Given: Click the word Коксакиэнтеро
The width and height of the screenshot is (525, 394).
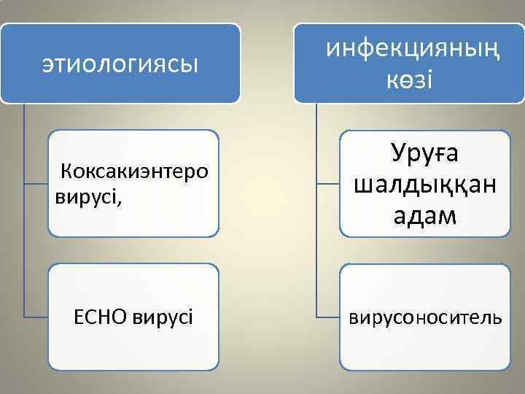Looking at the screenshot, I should tap(135, 171).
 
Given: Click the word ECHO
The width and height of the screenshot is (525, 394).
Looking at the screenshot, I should tap(101, 317).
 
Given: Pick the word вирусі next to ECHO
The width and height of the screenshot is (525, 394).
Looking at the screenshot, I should tap(163, 317).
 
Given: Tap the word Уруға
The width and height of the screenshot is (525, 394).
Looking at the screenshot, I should tap(425, 153).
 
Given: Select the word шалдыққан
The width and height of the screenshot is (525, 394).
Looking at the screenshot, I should tap(425, 185).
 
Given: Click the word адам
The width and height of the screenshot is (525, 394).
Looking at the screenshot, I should tap(425, 216).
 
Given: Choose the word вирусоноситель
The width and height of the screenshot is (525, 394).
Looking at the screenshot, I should tap(425, 317).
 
